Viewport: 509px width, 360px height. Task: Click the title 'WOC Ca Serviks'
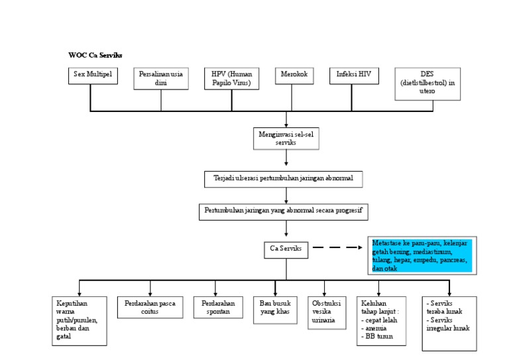point(95,55)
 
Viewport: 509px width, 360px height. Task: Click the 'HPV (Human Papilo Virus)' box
point(232,78)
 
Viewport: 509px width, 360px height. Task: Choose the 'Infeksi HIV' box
point(355,76)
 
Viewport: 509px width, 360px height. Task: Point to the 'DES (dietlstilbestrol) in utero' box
point(427,84)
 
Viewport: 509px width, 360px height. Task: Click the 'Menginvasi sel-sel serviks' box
point(286,137)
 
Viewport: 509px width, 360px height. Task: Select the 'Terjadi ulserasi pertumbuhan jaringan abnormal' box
point(283,179)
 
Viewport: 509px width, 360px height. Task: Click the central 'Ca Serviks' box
point(286,249)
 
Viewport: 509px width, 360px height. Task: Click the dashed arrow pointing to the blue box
point(336,249)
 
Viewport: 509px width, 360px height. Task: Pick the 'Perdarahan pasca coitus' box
point(150,307)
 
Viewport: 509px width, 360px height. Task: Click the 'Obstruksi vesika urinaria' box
point(328,312)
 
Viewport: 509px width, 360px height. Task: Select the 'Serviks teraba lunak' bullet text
point(447,307)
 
